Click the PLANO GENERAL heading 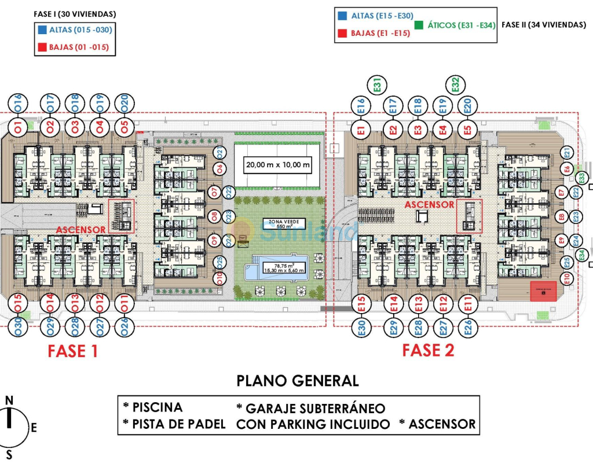point(298,380)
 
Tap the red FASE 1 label point(72,351)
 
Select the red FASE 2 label point(428,350)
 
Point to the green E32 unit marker point(455,86)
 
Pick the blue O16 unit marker point(17,102)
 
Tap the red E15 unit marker point(361,303)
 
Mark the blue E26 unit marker point(467,328)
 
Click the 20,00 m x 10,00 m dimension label point(278,165)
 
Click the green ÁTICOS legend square point(420,25)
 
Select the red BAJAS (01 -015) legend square point(42,47)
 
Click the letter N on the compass point(9,400)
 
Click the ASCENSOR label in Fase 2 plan point(429,205)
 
